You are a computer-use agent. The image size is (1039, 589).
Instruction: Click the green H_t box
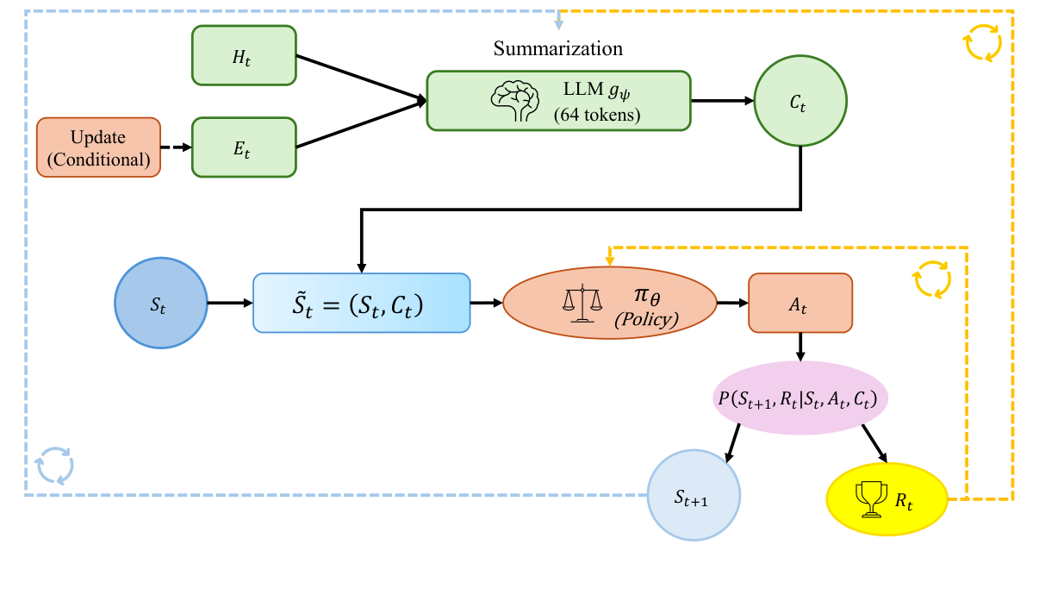(x=244, y=55)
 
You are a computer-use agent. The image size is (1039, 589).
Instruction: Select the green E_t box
(x=244, y=147)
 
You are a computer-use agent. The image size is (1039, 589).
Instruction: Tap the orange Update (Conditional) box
(x=98, y=147)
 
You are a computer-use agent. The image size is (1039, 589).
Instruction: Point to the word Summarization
(x=557, y=48)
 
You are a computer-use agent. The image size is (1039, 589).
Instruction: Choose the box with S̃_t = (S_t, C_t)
(x=361, y=303)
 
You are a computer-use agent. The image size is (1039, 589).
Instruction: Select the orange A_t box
(x=800, y=303)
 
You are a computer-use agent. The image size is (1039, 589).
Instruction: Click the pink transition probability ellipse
(x=800, y=399)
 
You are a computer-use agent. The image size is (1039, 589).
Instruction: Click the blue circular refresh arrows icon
(x=54, y=466)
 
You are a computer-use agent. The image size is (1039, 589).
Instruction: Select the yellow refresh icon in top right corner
(x=983, y=41)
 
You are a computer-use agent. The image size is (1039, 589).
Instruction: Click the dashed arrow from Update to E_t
(x=176, y=147)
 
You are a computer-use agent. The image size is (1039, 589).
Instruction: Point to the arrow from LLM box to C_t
(x=722, y=100)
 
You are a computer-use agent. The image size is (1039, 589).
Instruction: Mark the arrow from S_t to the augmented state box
(x=230, y=303)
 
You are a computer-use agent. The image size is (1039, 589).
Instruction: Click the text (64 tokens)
(x=597, y=114)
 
